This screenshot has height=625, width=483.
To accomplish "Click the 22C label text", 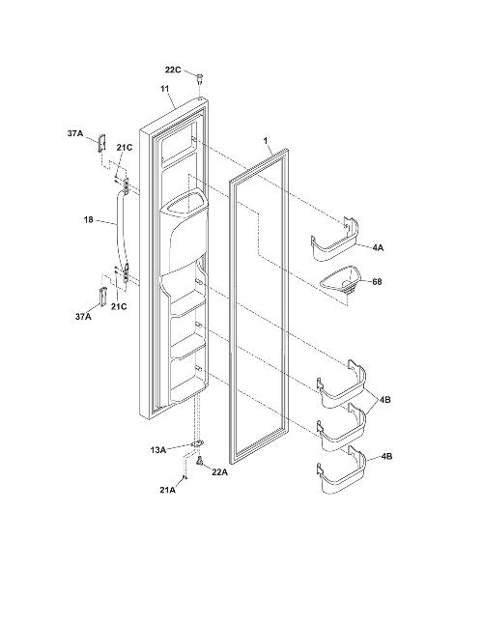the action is click(x=173, y=71).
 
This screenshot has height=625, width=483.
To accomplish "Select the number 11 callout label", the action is click(x=165, y=89).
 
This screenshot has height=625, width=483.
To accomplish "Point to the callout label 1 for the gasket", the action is click(x=266, y=140).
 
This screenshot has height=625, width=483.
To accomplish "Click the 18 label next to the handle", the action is click(x=89, y=219).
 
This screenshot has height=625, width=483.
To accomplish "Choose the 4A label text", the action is click(x=378, y=247).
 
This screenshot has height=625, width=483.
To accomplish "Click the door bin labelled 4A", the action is click(x=335, y=241).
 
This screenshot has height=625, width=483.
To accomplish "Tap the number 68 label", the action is click(x=377, y=282).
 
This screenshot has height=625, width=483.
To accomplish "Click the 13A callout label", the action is click(x=157, y=450).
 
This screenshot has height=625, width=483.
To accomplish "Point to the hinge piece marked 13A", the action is click(x=197, y=444).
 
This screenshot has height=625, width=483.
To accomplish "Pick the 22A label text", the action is click(x=219, y=472).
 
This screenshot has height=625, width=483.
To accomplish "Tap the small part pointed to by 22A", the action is click(x=200, y=461).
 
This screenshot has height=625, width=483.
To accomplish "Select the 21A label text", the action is click(x=167, y=490).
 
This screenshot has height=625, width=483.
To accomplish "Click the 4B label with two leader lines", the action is click(x=385, y=400).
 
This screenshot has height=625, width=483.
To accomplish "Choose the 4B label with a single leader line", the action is click(x=386, y=456).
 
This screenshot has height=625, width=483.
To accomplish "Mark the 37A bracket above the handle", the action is click(x=102, y=142).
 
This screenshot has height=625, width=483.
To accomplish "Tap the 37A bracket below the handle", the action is click(x=103, y=297).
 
